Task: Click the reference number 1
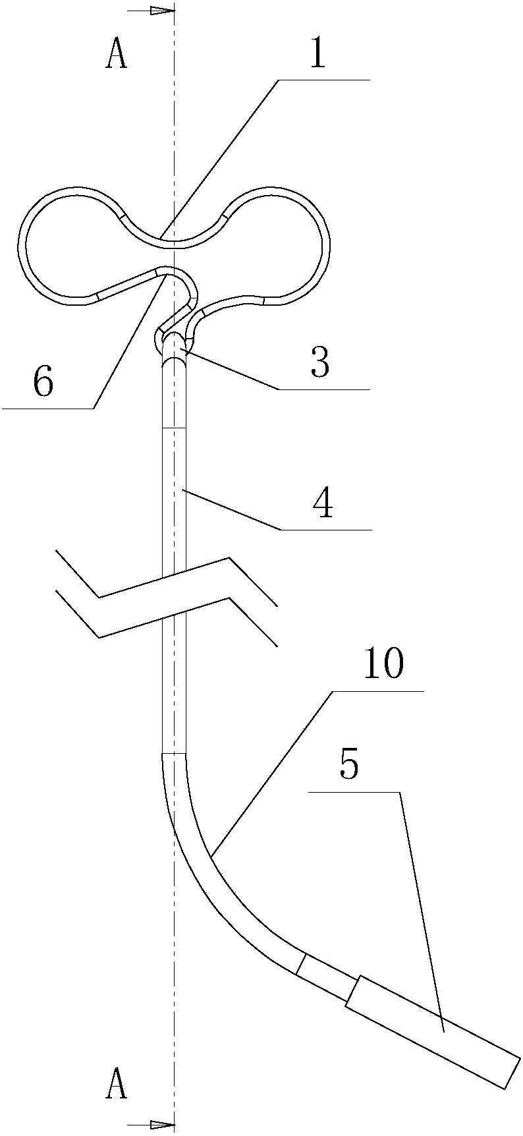coord(317,55)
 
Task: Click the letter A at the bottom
coord(116,1084)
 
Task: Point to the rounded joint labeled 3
coord(175,343)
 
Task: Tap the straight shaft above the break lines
coord(175,474)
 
